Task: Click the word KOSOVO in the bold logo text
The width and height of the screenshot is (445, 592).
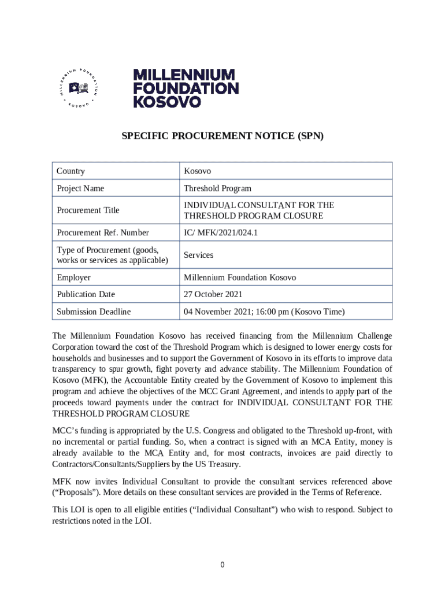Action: tap(168, 101)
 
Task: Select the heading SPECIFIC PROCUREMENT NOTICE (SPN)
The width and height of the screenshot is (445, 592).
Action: tap(222, 136)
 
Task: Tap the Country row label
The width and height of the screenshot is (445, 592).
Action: tap(71, 171)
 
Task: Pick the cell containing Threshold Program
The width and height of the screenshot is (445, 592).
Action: tap(217, 188)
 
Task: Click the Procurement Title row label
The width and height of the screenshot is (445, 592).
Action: tap(88, 210)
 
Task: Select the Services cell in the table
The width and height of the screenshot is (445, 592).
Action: tap(198, 255)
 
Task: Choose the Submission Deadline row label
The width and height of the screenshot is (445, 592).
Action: tap(94, 312)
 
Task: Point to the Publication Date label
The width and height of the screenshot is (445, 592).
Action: tap(86, 294)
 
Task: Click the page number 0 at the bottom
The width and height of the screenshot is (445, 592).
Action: tap(222, 565)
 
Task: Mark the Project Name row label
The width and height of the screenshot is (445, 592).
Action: tap(80, 188)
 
